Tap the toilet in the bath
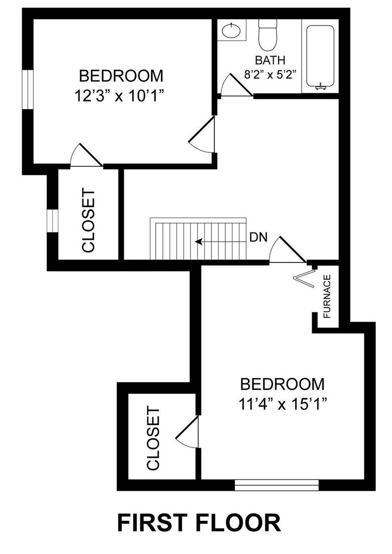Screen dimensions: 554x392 click(x=267, y=33)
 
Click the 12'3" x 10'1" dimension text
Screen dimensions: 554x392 click(x=121, y=96)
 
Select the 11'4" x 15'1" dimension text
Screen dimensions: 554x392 click(x=282, y=404)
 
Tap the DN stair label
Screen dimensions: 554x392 click(x=259, y=238)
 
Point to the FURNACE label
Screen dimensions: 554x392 click(x=327, y=296)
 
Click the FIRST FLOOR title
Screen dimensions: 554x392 click(x=199, y=523)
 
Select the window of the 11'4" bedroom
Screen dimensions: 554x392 click(x=277, y=485)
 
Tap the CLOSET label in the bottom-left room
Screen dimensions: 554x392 click(x=154, y=438)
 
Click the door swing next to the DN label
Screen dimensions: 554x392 click(x=285, y=250)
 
